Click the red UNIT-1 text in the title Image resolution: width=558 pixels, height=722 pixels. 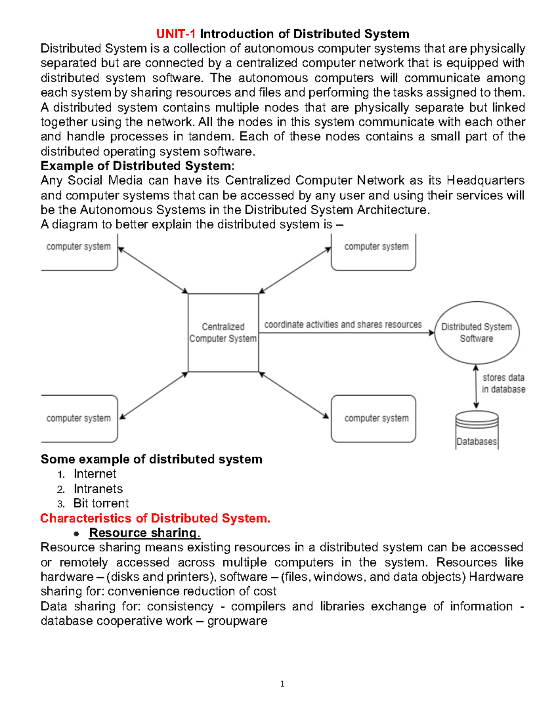(x=176, y=34)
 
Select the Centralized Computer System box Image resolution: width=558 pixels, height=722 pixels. (x=223, y=333)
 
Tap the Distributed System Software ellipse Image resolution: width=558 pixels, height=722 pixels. (x=477, y=333)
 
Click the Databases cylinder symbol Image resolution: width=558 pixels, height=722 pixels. (x=477, y=430)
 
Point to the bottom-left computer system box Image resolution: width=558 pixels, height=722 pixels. (x=79, y=418)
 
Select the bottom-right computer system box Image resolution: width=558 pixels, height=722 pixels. (x=373, y=418)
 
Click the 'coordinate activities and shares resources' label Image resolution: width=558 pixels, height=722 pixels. (x=343, y=325)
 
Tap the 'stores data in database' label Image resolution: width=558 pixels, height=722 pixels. (x=503, y=384)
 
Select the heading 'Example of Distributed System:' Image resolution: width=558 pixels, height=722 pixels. (x=138, y=166)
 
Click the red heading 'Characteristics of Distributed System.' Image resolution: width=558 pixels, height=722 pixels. (x=155, y=518)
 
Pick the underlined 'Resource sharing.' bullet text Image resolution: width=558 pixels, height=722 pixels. (x=144, y=533)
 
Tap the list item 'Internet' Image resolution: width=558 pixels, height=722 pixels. (x=95, y=474)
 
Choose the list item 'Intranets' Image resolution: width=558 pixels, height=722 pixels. (x=98, y=489)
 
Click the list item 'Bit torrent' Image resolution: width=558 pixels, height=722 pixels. (x=101, y=503)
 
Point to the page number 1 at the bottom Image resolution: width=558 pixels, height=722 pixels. (x=282, y=684)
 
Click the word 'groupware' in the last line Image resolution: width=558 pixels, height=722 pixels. (x=237, y=621)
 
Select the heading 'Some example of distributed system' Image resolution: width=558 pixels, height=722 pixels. (x=152, y=459)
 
